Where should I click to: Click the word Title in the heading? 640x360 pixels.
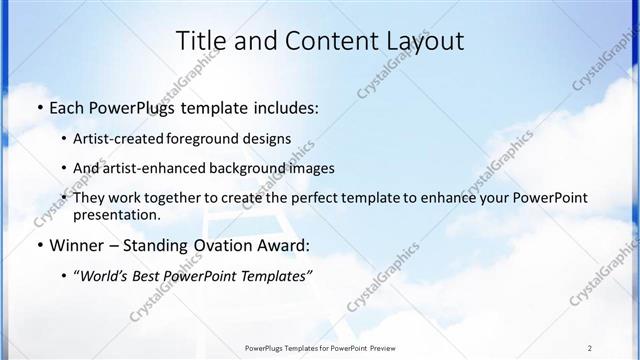[x=198, y=41]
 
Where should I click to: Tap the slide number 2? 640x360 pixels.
[x=590, y=347]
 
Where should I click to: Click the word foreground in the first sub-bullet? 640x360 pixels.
[x=213, y=139]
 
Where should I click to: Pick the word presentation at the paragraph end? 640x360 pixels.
[x=116, y=215]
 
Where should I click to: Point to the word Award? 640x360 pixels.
[x=280, y=245]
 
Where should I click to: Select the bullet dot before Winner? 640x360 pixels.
[x=38, y=245]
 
